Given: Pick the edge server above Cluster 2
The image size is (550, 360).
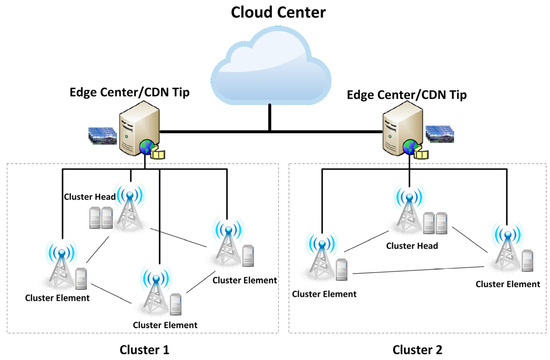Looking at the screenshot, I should (x=401, y=135).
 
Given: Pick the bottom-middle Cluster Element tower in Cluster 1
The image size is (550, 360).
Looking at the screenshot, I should (x=151, y=290).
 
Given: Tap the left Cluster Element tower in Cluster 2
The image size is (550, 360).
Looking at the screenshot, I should (x=320, y=258).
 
